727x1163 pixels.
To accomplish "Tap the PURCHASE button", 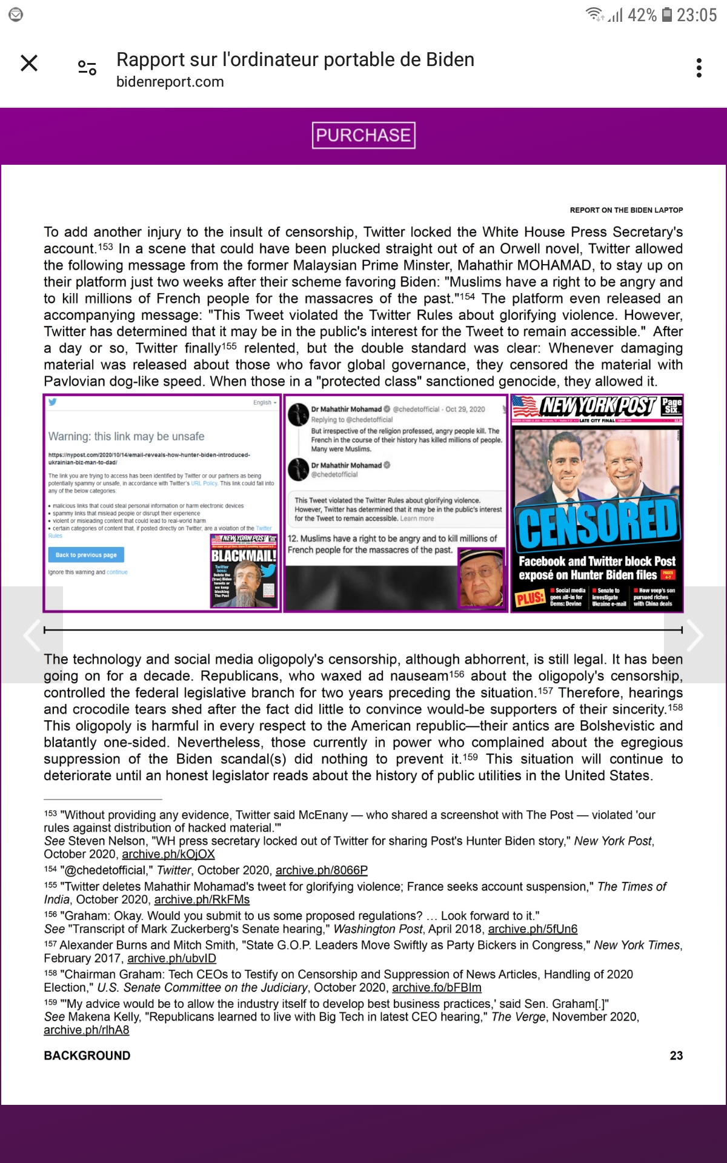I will pyautogui.click(x=363, y=135).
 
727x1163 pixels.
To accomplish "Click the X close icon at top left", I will pyautogui.click(x=29, y=63).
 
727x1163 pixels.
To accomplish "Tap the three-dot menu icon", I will pyautogui.click(x=699, y=68).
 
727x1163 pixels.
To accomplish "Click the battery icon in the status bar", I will pyautogui.click(x=666, y=15).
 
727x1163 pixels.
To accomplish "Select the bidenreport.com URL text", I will pyautogui.click(x=170, y=82).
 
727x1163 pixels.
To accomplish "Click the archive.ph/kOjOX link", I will pyautogui.click(x=168, y=854).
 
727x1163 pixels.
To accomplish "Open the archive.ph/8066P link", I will pyautogui.click(x=322, y=870).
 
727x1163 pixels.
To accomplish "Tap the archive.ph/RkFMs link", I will pyautogui.click(x=202, y=900).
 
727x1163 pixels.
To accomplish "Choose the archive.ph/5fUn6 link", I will pyautogui.click(x=533, y=929).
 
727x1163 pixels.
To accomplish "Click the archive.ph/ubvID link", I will pyautogui.click(x=171, y=958).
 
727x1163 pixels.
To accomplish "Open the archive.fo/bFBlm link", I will pyautogui.click(x=437, y=987).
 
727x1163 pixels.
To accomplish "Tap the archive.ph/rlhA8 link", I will pyautogui.click(x=87, y=1030).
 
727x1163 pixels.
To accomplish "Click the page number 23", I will pyautogui.click(x=676, y=1056).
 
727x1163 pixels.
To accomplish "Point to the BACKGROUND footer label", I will pyautogui.click(x=87, y=1056).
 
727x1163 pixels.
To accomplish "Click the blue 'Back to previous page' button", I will pyautogui.click(x=86, y=555).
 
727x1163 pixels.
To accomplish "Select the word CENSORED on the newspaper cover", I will pyautogui.click(x=597, y=522).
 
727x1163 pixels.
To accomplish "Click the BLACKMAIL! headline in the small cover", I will pyautogui.click(x=244, y=555).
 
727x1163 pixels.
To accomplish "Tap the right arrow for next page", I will pyautogui.click(x=694, y=635).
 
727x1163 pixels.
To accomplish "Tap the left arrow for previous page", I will pyautogui.click(x=32, y=635).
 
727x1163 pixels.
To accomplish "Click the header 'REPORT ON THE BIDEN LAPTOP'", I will pyautogui.click(x=626, y=210).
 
